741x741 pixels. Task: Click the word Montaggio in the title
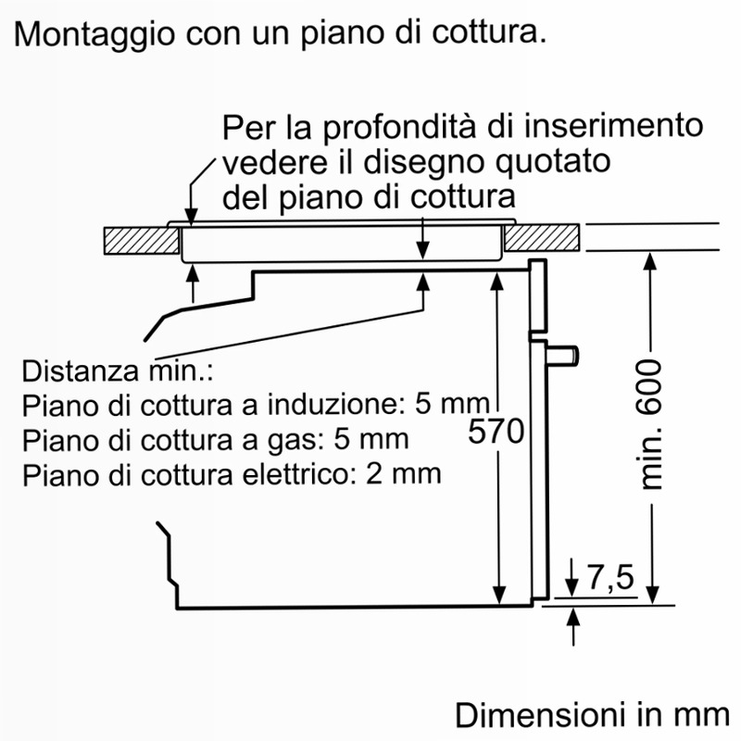coord(94,34)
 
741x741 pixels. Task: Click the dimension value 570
coord(496,431)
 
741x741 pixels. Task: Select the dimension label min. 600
coord(652,424)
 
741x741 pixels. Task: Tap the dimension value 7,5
coord(610,577)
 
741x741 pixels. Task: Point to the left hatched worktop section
coord(142,241)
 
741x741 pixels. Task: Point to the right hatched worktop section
coord(542,238)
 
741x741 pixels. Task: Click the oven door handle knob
coord(563,356)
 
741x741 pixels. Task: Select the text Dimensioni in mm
coord(593,715)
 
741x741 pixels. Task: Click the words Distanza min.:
coord(118,371)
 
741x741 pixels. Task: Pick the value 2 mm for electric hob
coord(403,473)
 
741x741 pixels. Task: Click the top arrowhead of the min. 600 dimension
coord(651,261)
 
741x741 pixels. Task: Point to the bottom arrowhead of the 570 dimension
coord(499,595)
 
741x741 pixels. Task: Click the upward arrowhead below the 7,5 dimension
coord(573,617)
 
